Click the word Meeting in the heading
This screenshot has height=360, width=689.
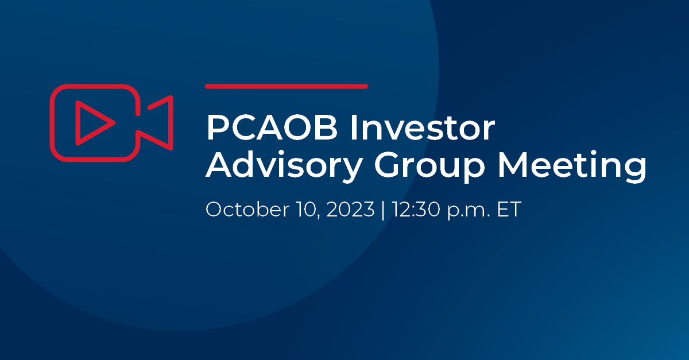tap(572, 167)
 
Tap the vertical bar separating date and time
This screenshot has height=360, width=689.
tap(382, 210)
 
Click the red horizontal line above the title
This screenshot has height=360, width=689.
tap(286, 86)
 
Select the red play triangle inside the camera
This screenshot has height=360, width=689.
tap(92, 122)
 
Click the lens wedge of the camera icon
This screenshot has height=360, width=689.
tap(158, 122)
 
